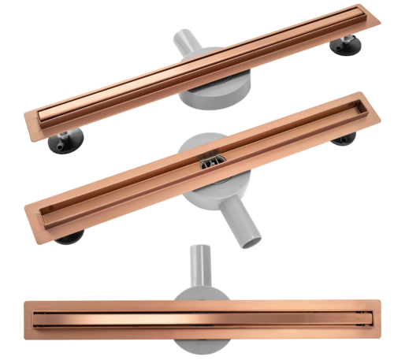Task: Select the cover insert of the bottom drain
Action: tap(200, 323)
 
